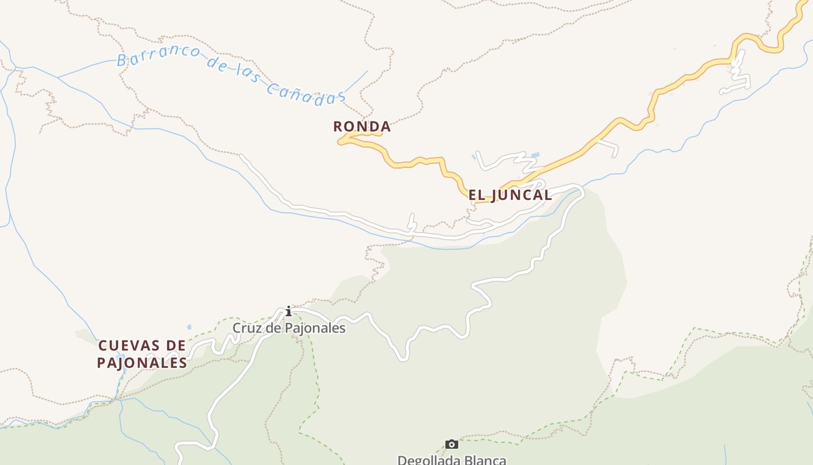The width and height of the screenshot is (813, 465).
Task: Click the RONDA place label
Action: click(x=362, y=127)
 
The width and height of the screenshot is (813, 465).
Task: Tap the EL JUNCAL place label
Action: click(x=510, y=195)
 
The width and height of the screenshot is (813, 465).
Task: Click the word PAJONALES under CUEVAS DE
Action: click(x=142, y=363)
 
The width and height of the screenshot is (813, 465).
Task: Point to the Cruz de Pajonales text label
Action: click(x=289, y=328)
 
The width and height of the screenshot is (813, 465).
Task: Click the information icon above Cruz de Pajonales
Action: click(x=288, y=312)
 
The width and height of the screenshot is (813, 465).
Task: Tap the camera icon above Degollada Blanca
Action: click(x=451, y=445)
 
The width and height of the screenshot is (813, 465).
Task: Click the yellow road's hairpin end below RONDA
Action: click(x=341, y=140)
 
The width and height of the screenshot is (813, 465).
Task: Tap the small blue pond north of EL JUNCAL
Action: click(x=535, y=155)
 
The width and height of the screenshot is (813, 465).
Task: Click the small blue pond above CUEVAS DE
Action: click(x=189, y=327)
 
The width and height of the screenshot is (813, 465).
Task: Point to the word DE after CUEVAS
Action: click(x=176, y=346)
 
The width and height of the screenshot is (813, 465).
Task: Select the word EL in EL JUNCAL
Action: click(x=476, y=195)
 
